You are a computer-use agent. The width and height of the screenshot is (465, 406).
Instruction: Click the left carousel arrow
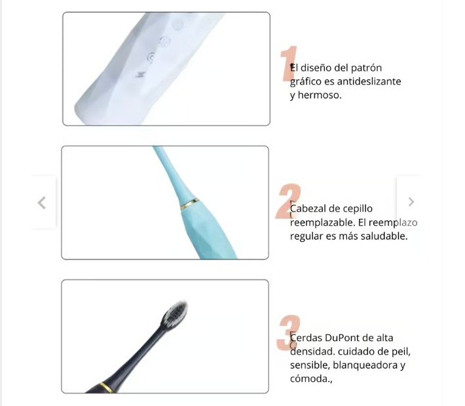(41, 203)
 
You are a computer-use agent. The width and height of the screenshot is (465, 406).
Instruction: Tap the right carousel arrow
(411, 202)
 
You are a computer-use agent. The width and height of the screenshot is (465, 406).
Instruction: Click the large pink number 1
(289, 64)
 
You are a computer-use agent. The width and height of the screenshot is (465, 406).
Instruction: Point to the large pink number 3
(288, 333)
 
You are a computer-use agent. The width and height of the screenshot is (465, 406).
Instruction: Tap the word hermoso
(320, 95)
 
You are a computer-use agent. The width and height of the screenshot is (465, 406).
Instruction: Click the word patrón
(366, 67)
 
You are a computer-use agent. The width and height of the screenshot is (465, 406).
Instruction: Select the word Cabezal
(308, 208)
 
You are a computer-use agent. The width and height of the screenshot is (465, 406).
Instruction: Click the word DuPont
(343, 337)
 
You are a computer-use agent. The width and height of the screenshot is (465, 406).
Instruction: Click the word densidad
(312, 351)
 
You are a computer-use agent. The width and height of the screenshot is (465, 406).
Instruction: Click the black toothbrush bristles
(175, 314)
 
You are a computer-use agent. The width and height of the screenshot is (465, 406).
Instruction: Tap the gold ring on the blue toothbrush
(190, 204)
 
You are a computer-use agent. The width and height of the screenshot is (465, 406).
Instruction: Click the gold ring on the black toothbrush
(107, 387)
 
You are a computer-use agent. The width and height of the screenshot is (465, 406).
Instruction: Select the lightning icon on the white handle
(140, 74)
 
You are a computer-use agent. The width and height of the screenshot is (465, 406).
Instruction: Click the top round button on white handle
(178, 25)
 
